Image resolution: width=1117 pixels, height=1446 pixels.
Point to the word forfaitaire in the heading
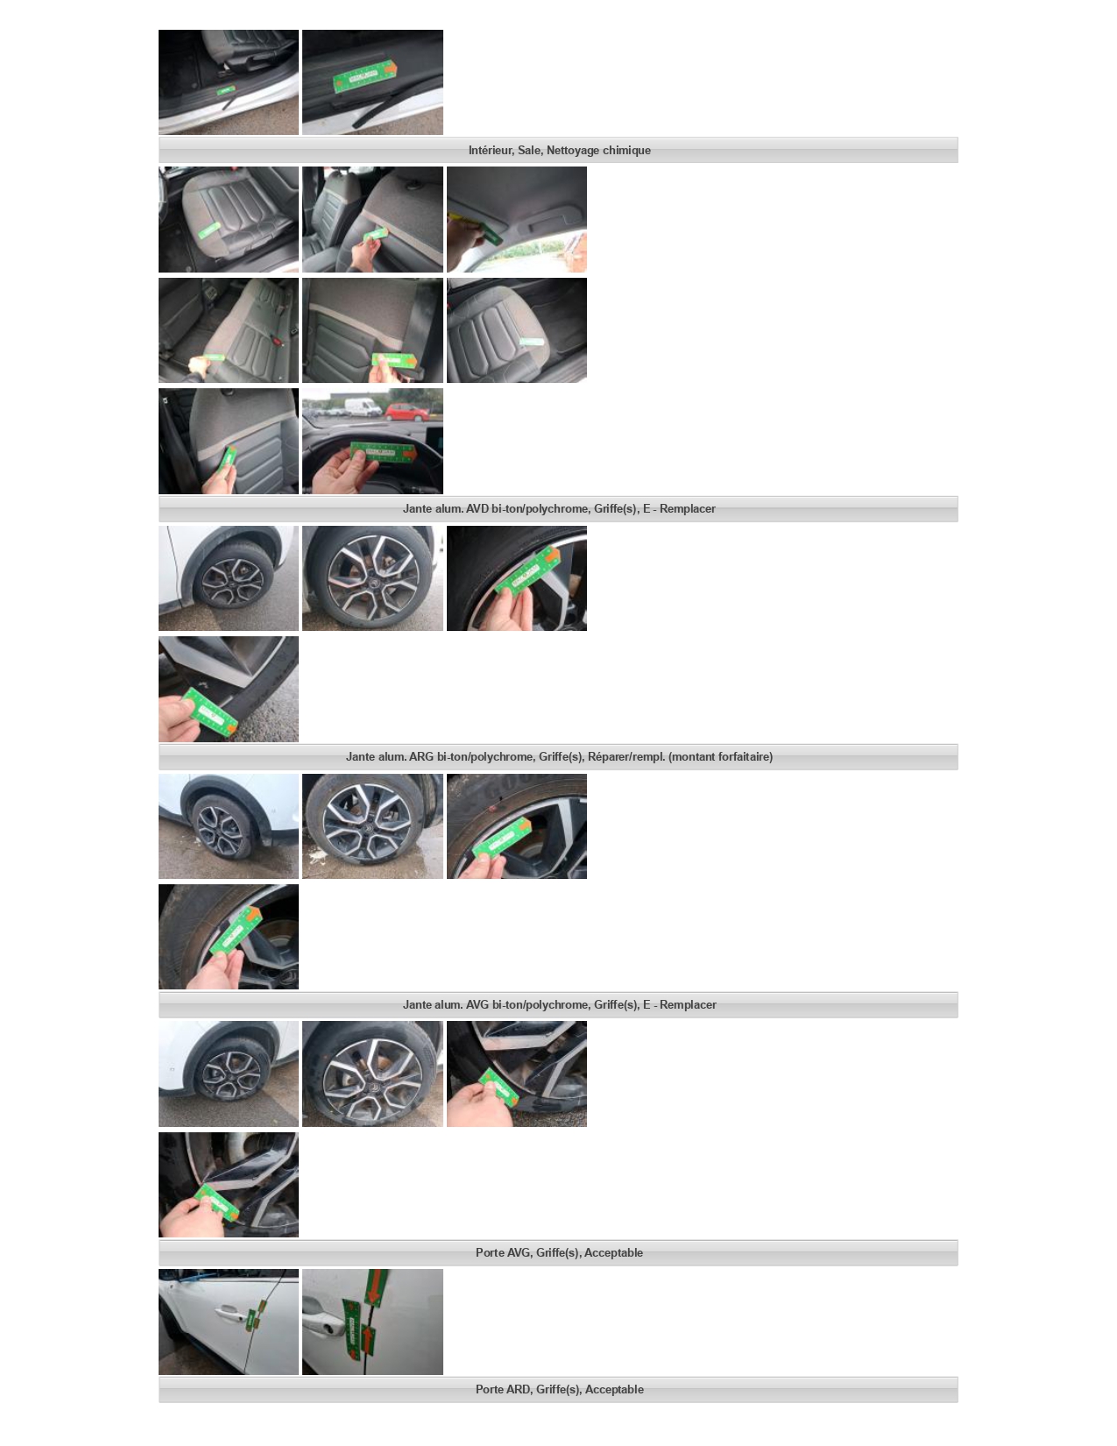[x=746, y=756]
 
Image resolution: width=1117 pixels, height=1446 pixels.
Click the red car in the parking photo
[x=407, y=411]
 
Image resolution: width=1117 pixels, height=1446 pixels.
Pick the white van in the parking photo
[x=363, y=407]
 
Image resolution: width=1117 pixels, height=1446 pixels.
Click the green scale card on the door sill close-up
[x=364, y=76]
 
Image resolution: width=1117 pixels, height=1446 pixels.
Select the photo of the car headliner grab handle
[x=517, y=220]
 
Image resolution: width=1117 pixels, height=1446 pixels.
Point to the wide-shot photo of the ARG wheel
[x=229, y=826]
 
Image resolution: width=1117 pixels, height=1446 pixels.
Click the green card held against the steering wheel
[x=383, y=452]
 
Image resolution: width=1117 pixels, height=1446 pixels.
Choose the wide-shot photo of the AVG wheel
[x=229, y=1074]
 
